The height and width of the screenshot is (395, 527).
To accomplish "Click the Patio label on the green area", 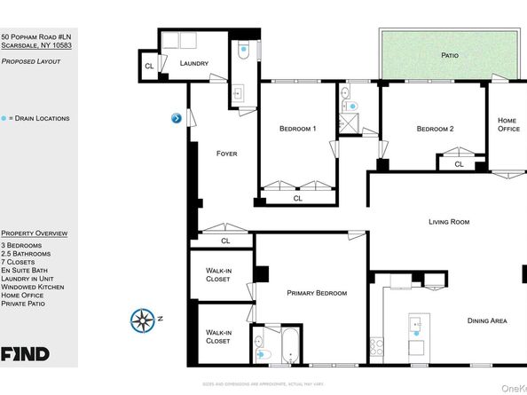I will (450, 55).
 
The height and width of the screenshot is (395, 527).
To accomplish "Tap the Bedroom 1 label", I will (298, 129).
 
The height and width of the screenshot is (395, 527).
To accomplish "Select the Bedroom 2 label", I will (435, 129).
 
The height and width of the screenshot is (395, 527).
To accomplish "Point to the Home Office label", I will (507, 125).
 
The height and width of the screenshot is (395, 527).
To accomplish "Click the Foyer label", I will (227, 154).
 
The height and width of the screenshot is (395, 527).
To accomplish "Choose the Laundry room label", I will (193, 64).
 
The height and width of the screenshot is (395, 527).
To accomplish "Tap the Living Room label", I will (448, 222).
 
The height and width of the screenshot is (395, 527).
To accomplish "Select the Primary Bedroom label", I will (317, 293).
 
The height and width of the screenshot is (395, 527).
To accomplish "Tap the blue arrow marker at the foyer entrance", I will (177, 118).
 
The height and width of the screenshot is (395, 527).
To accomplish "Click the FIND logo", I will (25, 354).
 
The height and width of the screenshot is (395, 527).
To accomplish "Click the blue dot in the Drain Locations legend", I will (4, 118).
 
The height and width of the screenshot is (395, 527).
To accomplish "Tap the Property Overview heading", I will (35, 233).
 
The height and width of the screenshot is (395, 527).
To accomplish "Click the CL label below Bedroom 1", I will (296, 198).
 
